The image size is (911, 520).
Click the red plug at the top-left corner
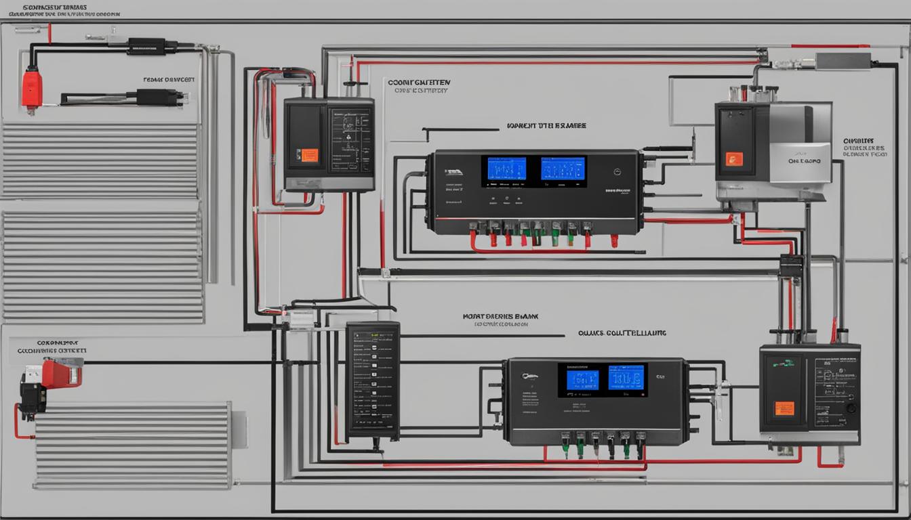[32, 89]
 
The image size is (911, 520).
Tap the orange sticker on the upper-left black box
[310, 155]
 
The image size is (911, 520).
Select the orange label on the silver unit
[734, 159]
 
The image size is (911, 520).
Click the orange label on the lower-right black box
[784, 408]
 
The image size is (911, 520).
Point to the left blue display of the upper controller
[506, 169]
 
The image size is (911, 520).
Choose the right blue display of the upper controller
[563, 169]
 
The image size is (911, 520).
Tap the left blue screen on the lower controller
[582, 380]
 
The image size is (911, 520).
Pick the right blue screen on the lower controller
[626, 378]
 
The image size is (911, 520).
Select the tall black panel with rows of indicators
[373, 379]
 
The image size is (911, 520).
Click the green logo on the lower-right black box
[785, 363]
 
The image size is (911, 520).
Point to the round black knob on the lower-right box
[851, 408]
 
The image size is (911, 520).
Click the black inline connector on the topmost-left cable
[146, 47]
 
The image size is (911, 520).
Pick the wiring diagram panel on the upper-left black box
[350, 140]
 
